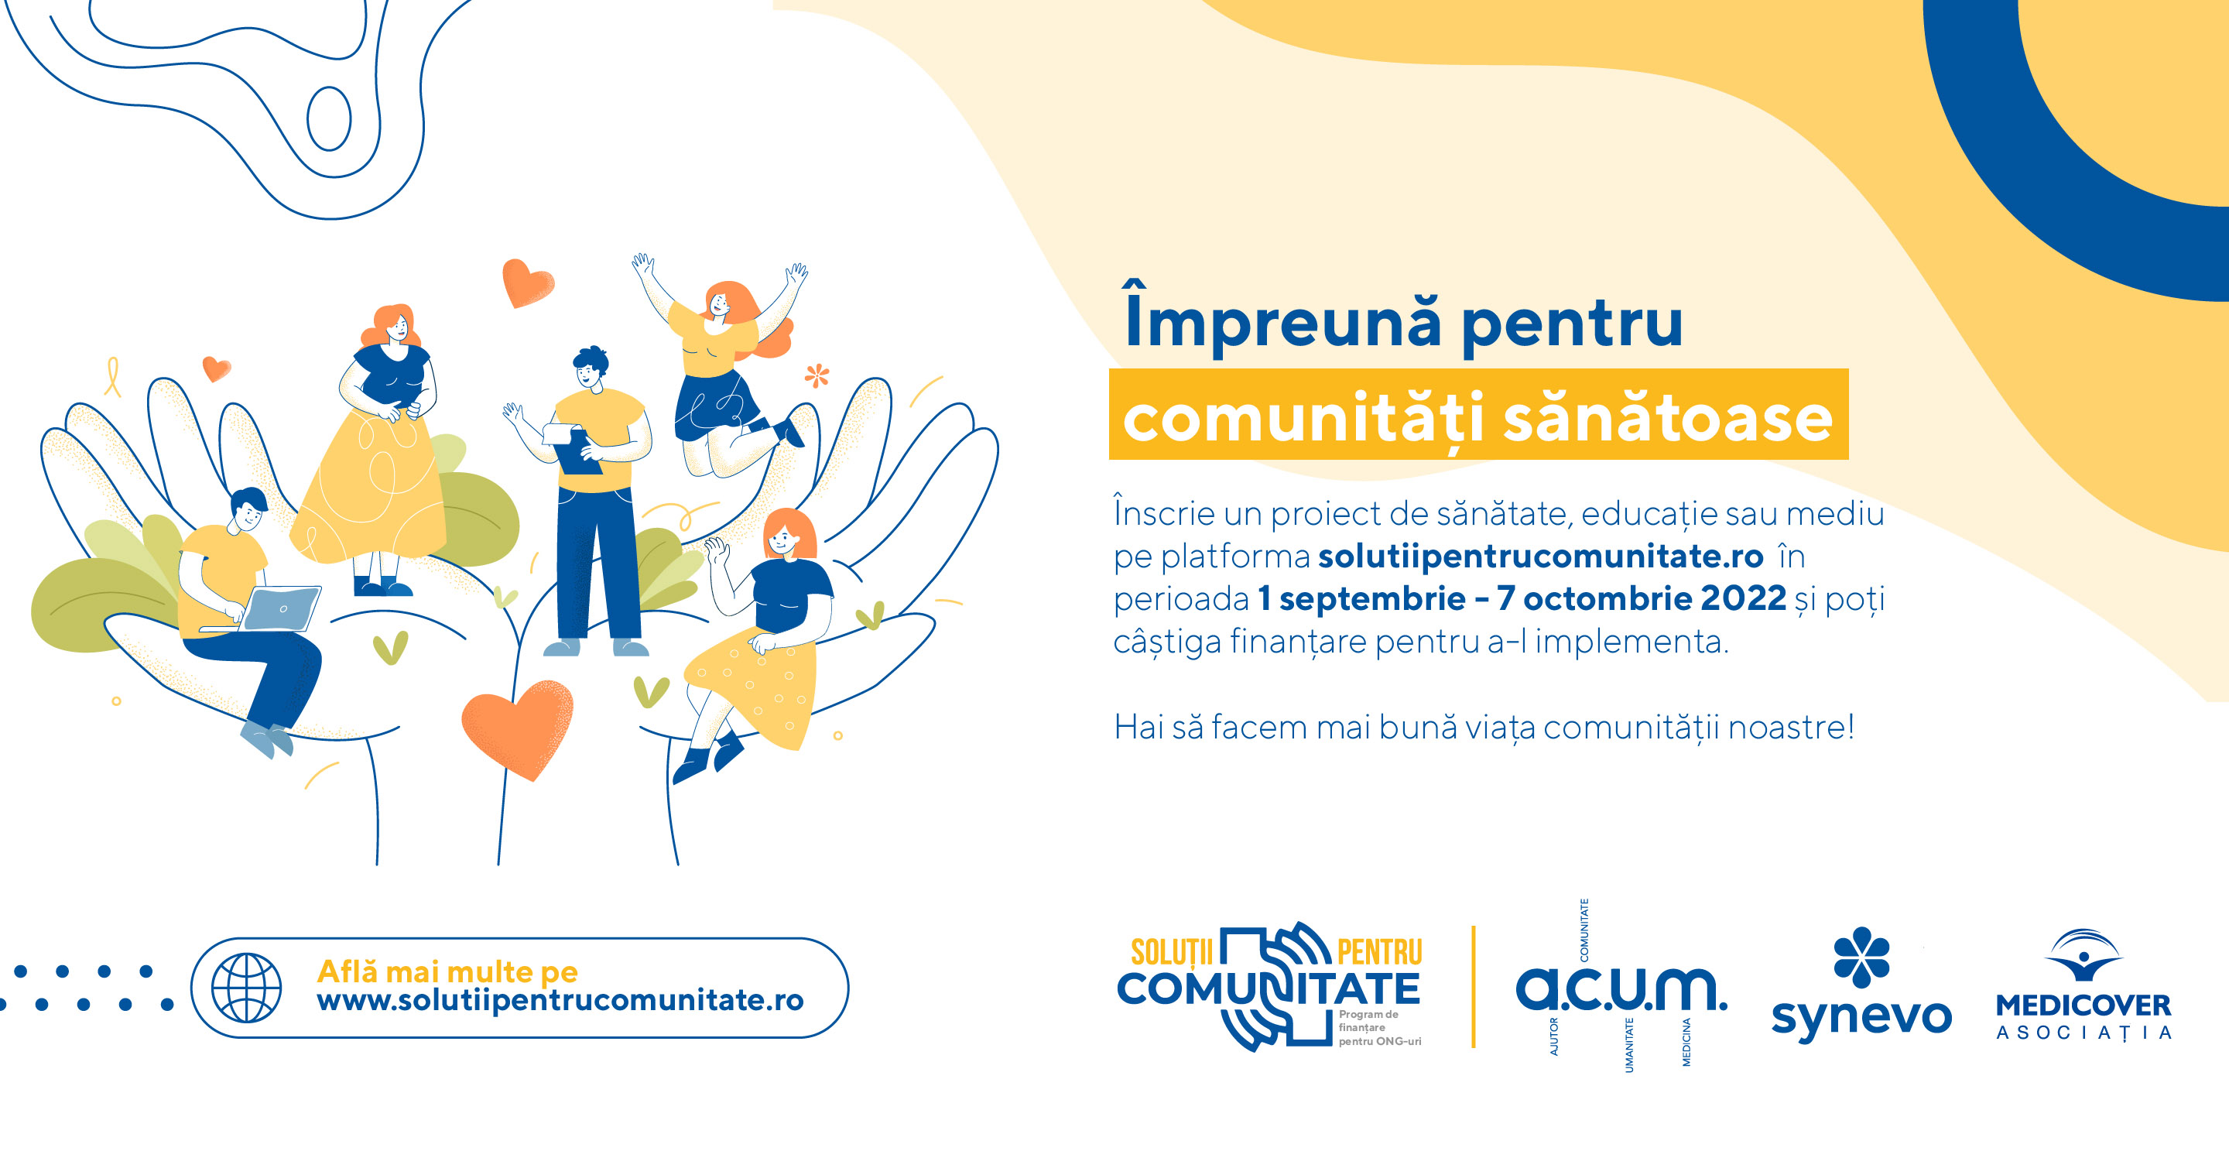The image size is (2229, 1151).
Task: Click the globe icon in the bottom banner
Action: pos(247,988)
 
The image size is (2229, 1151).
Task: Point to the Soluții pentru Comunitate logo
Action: pos(1269,987)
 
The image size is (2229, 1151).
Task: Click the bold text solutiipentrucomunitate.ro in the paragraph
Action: pos(1540,557)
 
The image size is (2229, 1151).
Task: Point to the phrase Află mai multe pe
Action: pos(447,971)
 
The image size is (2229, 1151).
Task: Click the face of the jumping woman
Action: pos(719,303)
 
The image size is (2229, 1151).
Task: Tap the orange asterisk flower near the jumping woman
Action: pos(817,375)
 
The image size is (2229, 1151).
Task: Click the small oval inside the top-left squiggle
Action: pos(329,118)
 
